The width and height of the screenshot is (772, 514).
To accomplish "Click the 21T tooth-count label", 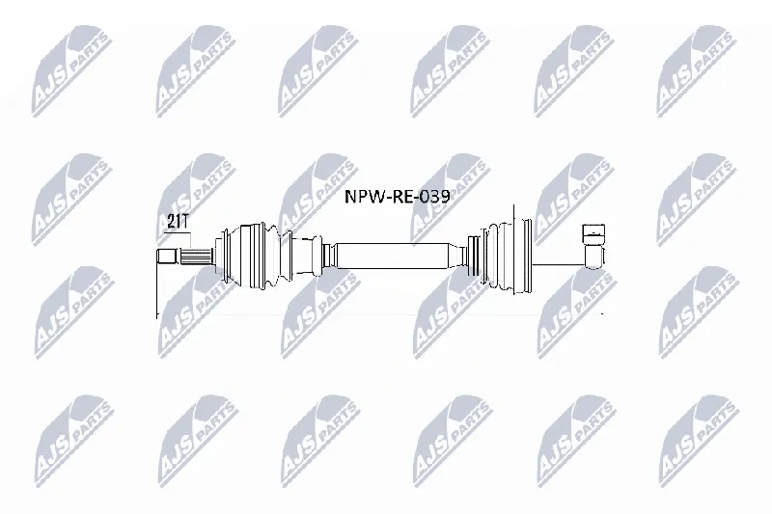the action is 178,223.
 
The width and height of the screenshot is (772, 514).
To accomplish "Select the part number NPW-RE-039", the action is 397,198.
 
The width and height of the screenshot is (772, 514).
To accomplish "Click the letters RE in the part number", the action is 401,198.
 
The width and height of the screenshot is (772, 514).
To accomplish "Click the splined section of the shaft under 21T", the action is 197,257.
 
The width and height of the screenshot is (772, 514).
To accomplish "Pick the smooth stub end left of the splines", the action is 167,257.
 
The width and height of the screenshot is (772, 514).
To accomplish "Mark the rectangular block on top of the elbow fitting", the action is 593,233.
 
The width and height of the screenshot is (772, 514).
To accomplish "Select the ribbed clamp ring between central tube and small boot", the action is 473,256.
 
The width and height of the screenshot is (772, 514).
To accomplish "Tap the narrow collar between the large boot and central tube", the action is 326,256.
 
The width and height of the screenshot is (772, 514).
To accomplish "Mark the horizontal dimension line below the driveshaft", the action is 379,313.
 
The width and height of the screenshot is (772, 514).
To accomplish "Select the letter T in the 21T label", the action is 184,223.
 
